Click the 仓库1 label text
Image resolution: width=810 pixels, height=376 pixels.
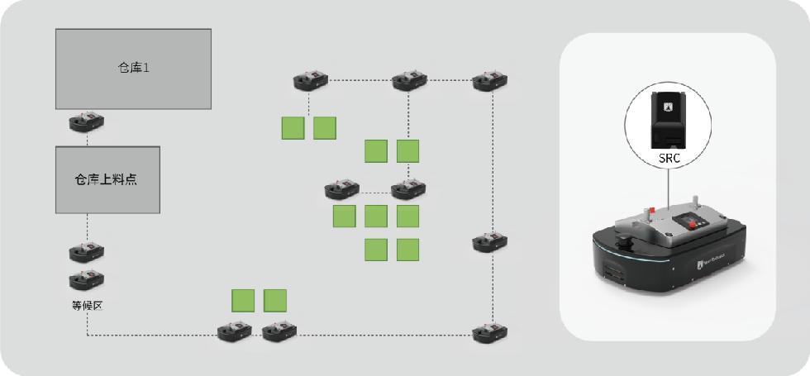(133, 68)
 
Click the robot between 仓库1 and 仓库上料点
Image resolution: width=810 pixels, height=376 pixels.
(87, 123)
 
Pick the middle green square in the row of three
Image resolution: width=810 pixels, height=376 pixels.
(376, 217)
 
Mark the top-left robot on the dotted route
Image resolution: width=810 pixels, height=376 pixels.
(310, 80)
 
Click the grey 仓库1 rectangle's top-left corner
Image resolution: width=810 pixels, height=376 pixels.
(56, 30)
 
